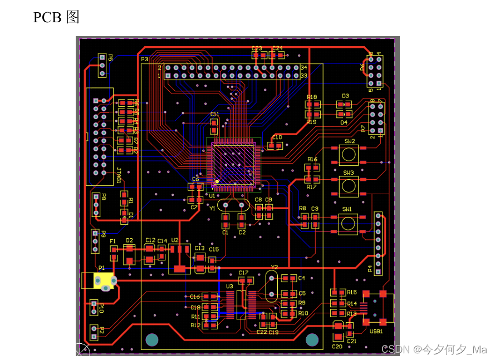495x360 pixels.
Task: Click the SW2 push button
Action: click(x=349, y=154)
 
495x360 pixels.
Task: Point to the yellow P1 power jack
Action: click(x=102, y=280)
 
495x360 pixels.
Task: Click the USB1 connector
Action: click(x=375, y=307)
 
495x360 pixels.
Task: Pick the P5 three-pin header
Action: click(x=102, y=65)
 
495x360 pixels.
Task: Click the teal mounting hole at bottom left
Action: click(x=152, y=339)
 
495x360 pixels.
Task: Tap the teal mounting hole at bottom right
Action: click(x=312, y=339)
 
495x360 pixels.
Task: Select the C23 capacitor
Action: click(x=257, y=55)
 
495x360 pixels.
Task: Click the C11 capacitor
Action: click(x=214, y=123)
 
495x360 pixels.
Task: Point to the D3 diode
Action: click(x=345, y=104)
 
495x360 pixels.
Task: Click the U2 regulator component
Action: click(x=179, y=259)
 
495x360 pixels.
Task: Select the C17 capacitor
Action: click(x=243, y=280)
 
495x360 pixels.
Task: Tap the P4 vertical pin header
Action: click(x=378, y=243)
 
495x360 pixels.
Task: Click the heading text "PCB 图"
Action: click(x=56, y=17)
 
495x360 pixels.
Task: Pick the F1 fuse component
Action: click(x=114, y=253)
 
